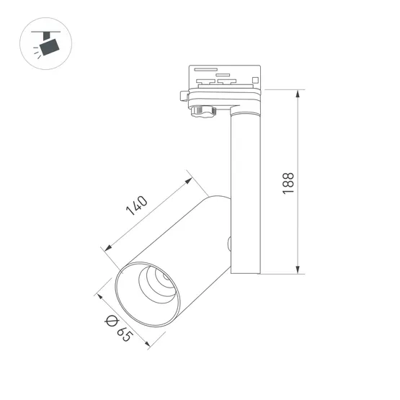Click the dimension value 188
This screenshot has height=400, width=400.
[x=288, y=182]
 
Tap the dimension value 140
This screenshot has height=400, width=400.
[x=137, y=205]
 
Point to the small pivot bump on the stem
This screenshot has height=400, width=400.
[x=229, y=244]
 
